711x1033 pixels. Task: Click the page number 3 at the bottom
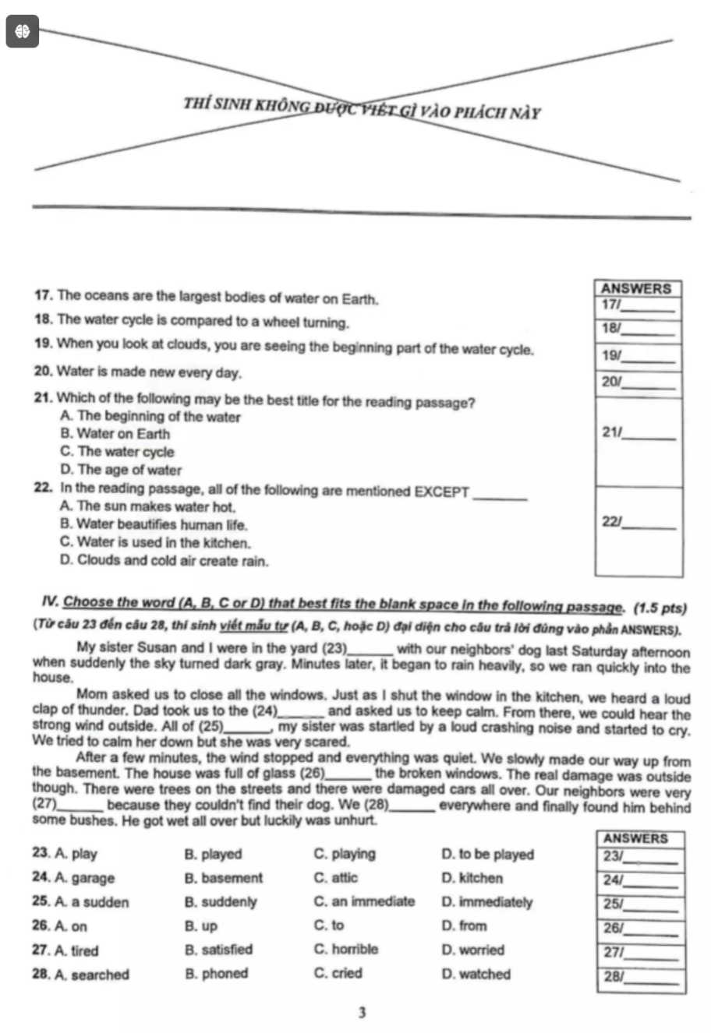pyautogui.click(x=362, y=1013)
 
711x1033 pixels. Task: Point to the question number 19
pyautogui.click(x=44, y=347)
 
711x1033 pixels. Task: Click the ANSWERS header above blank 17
pyautogui.click(x=638, y=288)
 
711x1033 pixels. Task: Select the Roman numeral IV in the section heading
pyautogui.click(x=51, y=602)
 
